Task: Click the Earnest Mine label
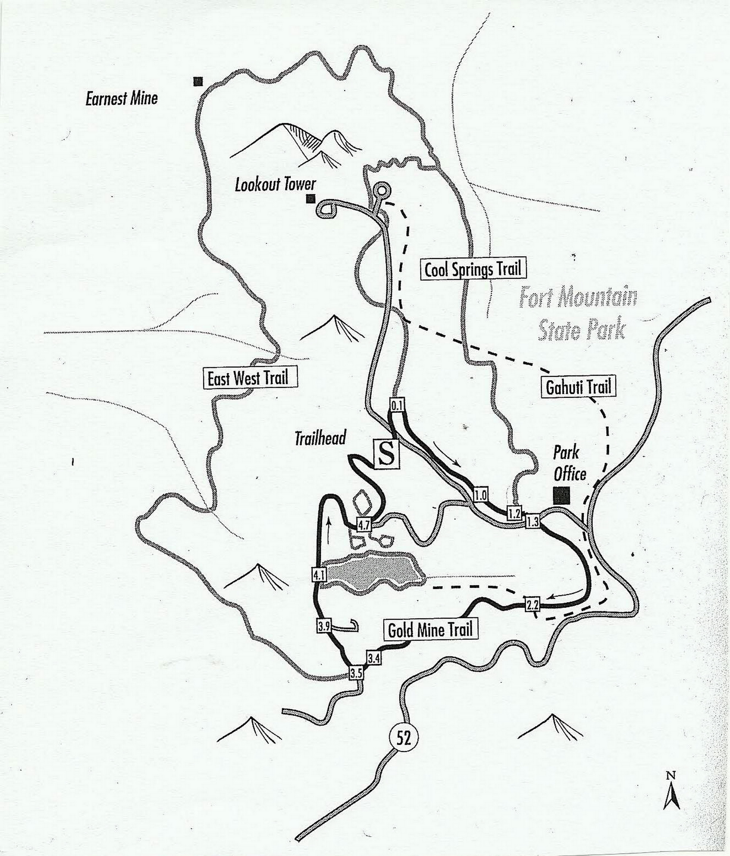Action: pyautogui.click(x=122, y=98)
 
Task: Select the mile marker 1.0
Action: pyautogui.click(x=481, y=495)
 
